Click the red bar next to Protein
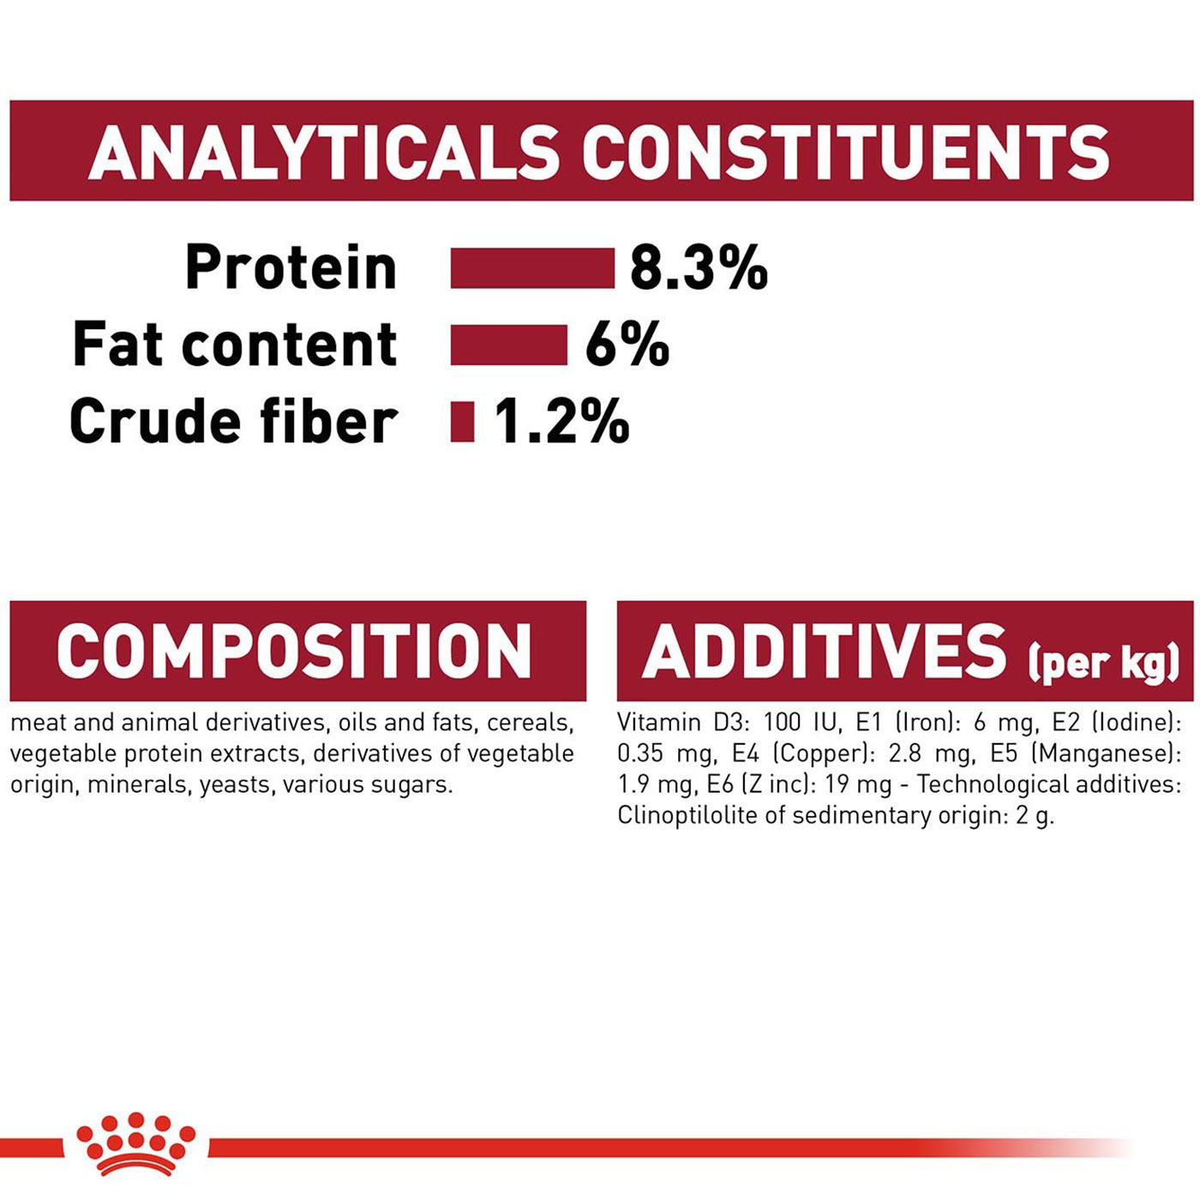(532, 267)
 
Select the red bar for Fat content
(509, 345)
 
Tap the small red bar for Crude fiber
(462, 422)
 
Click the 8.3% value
(699, 267)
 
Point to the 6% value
(627, 345)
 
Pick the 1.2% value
(561, 422)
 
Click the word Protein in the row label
(291, 267)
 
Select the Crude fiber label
(233, 422)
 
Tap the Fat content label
(235, 345)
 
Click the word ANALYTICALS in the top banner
(324, 153)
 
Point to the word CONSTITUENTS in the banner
(846, 153)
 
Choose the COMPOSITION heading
(294, 651)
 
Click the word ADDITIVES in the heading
(824, 651)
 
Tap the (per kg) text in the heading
(1103, 662)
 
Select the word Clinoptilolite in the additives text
(686, 816)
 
